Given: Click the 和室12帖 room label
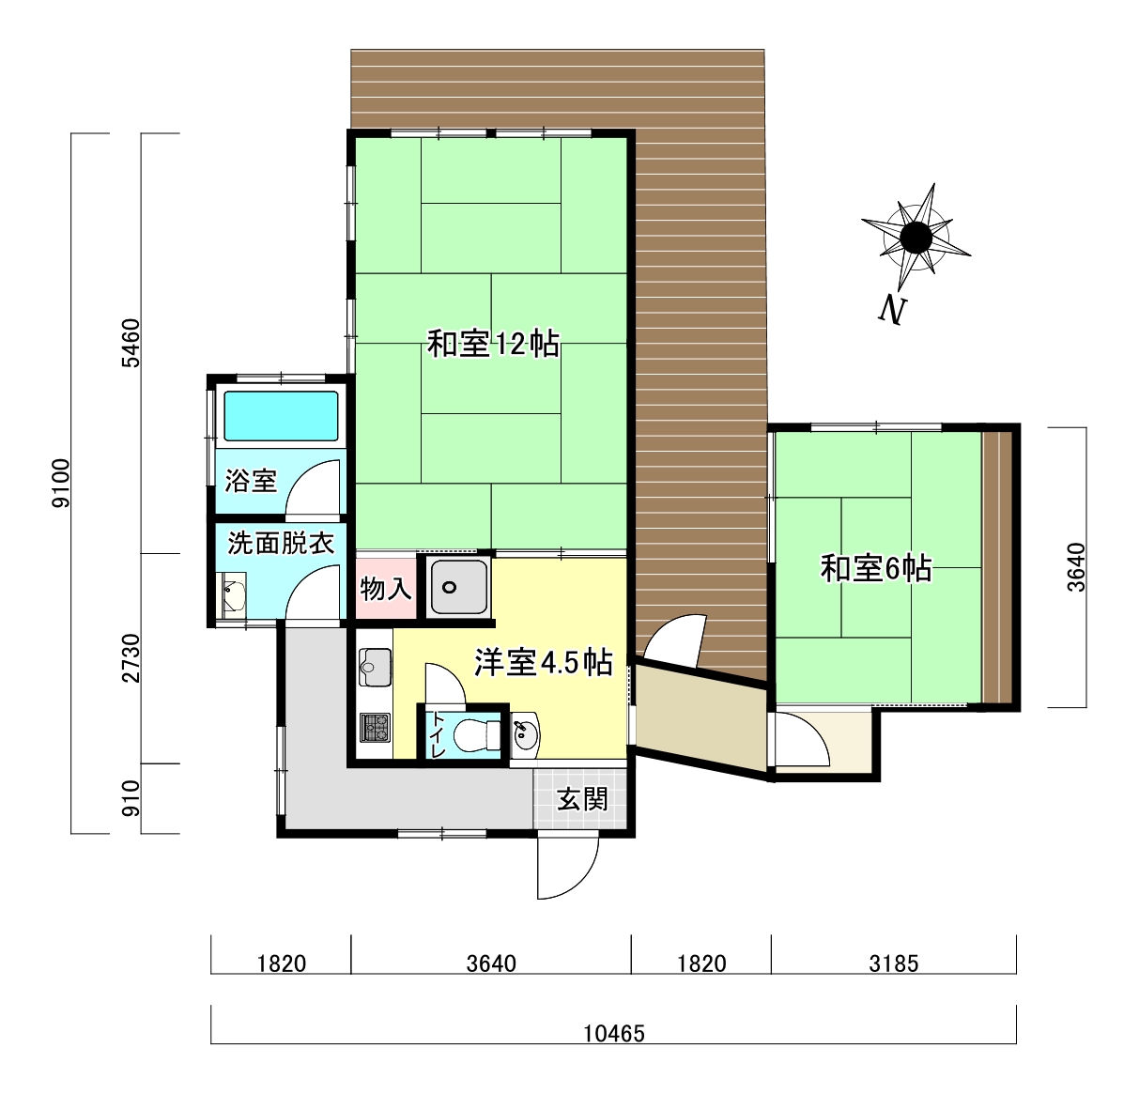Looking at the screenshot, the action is (x=493, y=344).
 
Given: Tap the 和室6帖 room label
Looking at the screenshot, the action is (x=876, y=568).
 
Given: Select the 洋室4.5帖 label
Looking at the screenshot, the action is (x=543, y=663).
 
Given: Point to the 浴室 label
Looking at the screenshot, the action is (x=251, y=481).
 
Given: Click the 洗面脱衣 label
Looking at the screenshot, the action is (x=281, y=543).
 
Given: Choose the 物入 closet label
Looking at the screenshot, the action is (x=386, y=588).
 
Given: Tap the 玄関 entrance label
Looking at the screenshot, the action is (x=582, y=799).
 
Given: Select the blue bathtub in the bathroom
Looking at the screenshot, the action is (x=281, y=416).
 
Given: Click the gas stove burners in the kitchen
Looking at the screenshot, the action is (x=375, y=728).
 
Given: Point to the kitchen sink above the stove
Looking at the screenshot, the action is (x=375, y=667).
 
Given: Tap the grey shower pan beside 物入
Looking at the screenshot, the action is (x=459, y=587).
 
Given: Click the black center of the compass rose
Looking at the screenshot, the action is (x=916, y=238).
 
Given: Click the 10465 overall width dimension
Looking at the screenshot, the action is (x=613, y=1034).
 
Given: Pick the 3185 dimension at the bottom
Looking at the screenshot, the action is (x=893, y=964).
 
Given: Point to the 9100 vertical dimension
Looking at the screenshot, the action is (x=61, y=483).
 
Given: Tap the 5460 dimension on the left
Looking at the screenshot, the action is (x=131, y=343).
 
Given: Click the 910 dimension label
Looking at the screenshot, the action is (x=131, y=798).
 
